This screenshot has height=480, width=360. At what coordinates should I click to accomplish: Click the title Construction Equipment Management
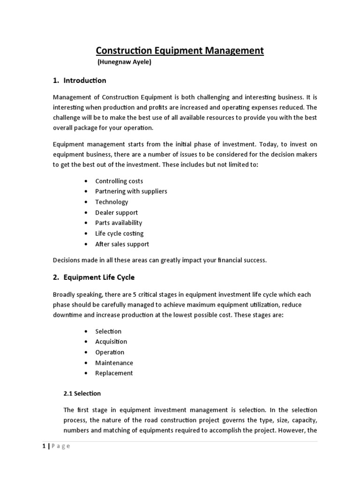[x=180, y=50]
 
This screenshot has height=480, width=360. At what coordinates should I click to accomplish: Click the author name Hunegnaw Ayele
[x=124, y=63]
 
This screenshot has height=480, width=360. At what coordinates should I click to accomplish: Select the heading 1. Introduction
[x=80, y=81]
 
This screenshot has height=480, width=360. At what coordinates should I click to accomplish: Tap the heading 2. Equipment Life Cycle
[x=94, y=277]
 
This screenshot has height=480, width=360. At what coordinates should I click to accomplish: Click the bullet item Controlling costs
[x=119, y=181]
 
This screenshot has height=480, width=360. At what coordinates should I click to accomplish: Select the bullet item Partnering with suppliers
[x=131, y=191]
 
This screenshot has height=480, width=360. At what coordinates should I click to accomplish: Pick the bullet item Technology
[x=112, y=202]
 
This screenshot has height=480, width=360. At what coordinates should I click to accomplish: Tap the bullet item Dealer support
[x=116, y=212]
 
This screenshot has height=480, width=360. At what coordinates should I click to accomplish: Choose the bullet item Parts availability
[x=119, y=223]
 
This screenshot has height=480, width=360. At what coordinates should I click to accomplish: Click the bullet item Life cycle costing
[x=119, y=233]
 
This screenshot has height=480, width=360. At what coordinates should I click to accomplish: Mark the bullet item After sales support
[x=122, y=244]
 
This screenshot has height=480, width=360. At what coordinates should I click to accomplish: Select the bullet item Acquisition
[x=111, y=342]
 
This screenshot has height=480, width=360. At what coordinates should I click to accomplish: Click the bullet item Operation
[x=110, y=352]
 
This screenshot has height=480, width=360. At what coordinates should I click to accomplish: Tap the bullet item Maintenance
[x=114, y=363]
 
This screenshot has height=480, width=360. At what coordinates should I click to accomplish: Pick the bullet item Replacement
[x=114, y=373]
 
